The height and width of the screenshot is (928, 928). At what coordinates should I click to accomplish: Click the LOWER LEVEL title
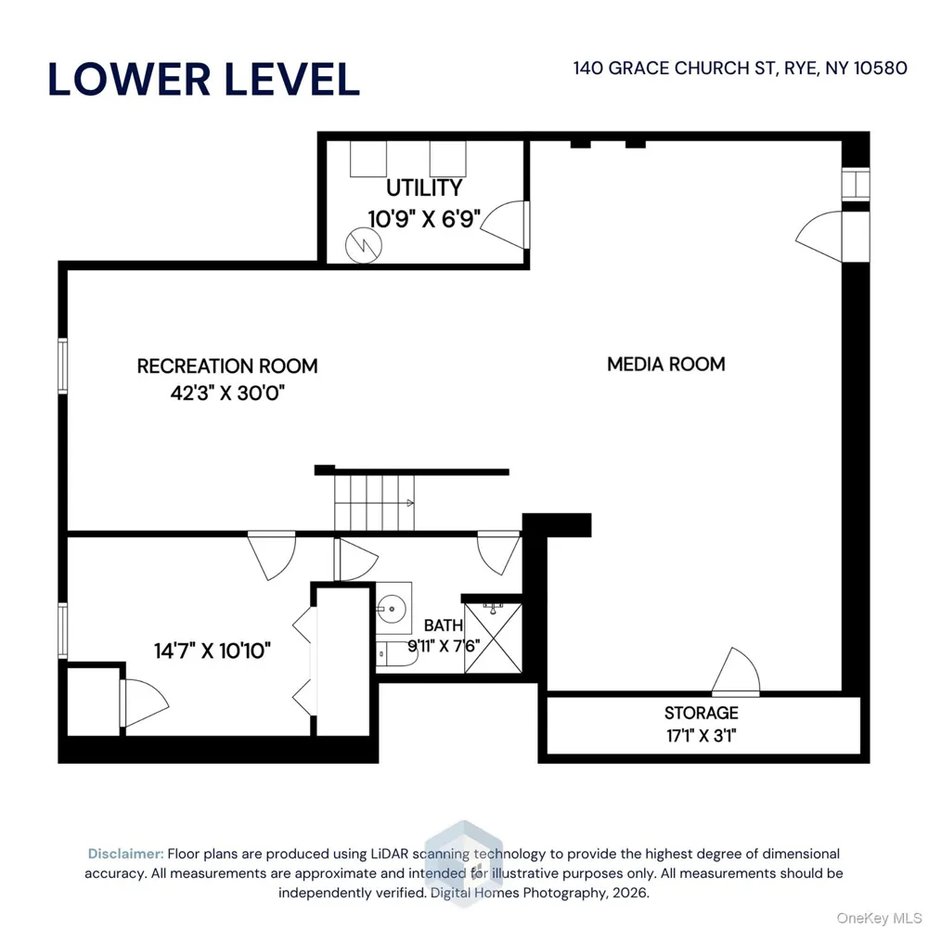click(203, 79)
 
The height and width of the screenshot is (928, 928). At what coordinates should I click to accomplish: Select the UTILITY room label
click(424, 188)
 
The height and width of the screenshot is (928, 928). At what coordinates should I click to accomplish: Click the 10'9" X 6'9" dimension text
click(424, 219)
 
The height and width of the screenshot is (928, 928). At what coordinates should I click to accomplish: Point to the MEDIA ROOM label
click(666, 364)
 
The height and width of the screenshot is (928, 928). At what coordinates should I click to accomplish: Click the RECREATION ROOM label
click(227, 367)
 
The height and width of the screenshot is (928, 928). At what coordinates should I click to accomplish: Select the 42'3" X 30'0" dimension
click(228, 393)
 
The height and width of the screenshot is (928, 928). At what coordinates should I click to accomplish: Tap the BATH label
click(444, 625)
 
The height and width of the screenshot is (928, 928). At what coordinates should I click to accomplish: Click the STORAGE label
click(702, 713)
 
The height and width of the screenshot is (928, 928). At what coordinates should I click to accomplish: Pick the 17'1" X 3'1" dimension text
click(702, 736)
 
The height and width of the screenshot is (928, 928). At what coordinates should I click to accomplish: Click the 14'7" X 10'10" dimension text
click(213, 651)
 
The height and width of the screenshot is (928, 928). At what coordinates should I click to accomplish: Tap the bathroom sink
click(392, 609)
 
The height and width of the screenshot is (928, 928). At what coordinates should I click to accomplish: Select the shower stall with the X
click(493, 638)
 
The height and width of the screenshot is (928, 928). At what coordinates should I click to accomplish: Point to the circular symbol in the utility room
click(364, 245)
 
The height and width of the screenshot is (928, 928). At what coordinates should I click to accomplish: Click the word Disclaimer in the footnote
click(125, 854)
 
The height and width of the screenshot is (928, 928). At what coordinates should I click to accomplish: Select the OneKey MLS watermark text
click(878, 918)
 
